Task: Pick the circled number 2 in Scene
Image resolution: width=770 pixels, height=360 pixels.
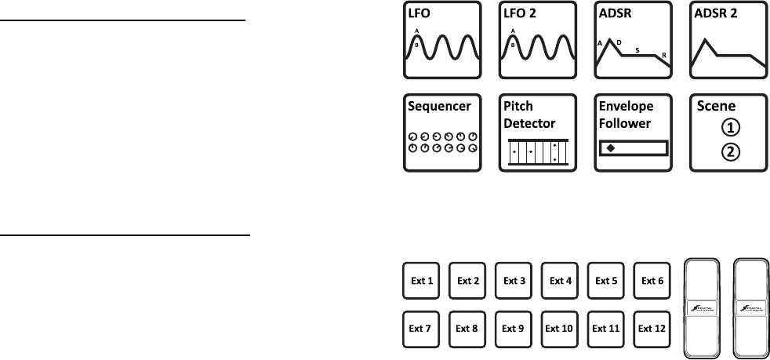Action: point(730,152)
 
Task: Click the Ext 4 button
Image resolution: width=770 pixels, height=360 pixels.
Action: point(560,280)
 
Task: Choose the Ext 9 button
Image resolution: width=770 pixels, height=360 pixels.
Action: point(514,329)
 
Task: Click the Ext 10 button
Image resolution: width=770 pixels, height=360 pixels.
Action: point(560,329)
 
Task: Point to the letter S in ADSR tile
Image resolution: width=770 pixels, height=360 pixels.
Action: point(637,50)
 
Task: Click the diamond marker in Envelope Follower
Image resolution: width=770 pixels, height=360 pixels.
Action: point(609,147)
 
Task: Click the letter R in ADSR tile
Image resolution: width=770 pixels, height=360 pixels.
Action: point(664,56)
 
